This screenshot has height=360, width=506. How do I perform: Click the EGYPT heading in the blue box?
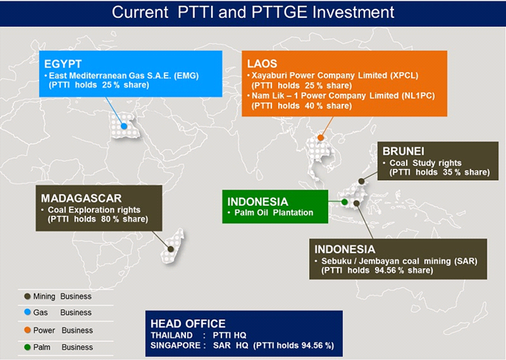pos(63,64)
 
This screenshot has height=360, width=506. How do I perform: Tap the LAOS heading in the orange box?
pos(262,64)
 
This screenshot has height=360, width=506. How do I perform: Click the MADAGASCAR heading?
pos(81,198)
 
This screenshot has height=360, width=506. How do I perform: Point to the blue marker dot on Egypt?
pos(124,126)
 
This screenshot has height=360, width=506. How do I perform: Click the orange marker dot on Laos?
pos(321,138)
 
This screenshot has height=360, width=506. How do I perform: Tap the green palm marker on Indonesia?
pos(344,202)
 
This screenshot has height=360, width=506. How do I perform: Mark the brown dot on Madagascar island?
pos(170,249)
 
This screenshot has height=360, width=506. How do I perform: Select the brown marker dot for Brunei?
pos(362,181)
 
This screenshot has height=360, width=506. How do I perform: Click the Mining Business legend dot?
pos(27,296)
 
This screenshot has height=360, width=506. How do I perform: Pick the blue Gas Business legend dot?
pos(27,312)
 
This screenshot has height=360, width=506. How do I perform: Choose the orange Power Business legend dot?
pos(27,330)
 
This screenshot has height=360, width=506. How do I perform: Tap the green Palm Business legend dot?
pos(27,347)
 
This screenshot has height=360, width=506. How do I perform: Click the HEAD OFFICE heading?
pos(188,324)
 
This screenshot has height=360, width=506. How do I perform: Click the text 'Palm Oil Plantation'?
pos(274,213)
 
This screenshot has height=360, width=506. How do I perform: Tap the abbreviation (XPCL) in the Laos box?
pos(405,76)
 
